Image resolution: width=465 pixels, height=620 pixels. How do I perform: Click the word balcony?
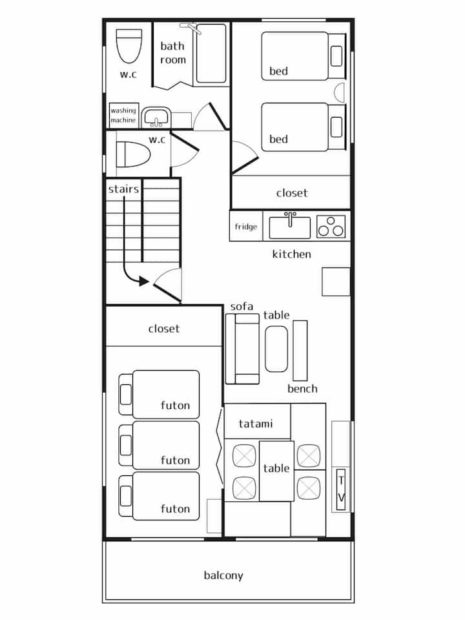tap(223, 575)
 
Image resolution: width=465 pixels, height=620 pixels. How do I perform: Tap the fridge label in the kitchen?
tap(246, 227)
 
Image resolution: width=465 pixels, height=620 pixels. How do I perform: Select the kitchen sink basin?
tap(290, 227)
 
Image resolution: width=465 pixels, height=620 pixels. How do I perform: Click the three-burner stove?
tap(331, 227)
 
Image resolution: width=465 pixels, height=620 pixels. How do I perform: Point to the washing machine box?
tap(124, 115)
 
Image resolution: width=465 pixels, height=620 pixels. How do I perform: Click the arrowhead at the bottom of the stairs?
tap(144, 282)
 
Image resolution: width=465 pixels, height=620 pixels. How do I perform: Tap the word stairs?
tap(124, 189)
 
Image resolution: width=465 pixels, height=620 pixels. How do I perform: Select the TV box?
tap(341, 489)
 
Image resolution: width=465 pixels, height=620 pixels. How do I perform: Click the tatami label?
tap(256, 424)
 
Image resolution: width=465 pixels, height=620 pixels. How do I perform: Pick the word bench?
tap(302, 389)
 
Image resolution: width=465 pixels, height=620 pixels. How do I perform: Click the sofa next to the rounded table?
tap(242, 349)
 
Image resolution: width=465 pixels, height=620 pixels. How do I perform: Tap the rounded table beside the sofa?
tap(276, 349)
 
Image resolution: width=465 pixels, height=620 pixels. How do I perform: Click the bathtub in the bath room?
tap(212, 54)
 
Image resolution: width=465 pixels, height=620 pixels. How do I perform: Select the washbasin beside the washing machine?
tap(156, 117)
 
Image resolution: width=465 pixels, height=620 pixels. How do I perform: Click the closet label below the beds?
tap(292, 193)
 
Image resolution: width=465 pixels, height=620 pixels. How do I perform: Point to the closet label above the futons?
tap(163, 329)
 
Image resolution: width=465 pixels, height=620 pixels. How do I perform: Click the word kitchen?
tap(291, 254)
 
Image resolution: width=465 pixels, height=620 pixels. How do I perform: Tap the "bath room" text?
tap(173, 53)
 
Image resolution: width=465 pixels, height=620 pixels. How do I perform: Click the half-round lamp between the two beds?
tap(339, 93)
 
